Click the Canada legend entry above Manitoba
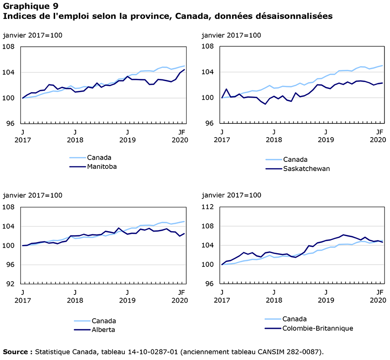coord(99,158)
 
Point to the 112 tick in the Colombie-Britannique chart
coord(209,207)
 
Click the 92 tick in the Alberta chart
coord(11,284)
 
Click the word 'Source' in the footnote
coord(16,352)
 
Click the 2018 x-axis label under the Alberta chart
coord(75,300)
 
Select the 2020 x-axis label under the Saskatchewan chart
coord(379,140)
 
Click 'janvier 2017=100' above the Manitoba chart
coord(33,35)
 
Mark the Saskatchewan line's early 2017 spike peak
coord(226,89)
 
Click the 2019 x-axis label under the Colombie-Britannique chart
coord(326,300)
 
